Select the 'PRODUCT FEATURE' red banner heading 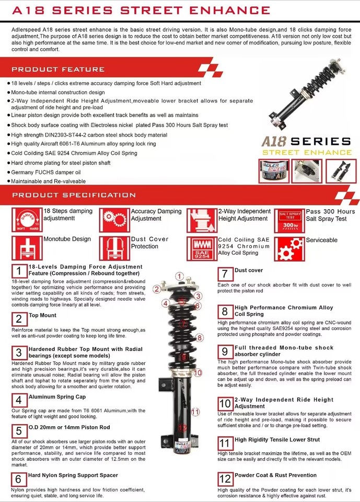[58, 69]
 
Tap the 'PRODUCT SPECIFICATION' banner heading [74, 195]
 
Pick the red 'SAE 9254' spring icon [202, 248]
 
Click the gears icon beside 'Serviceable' [289, 248]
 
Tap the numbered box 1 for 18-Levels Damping [19, 271]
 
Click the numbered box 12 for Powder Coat [225, 478]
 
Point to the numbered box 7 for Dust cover [225, 274]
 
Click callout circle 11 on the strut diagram [195, 412]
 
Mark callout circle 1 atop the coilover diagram [179, 276]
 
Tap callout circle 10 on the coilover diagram [197, 373]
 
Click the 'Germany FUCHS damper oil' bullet [46, 172]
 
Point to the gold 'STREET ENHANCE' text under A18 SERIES [307, 152]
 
